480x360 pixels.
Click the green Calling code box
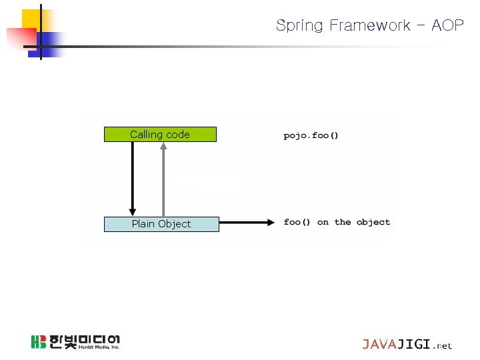(160, 135)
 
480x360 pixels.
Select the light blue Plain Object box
(161, 224)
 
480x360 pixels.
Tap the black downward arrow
(133, 177)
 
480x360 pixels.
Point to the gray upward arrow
(163, 179)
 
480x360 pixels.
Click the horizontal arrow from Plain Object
(247, 222)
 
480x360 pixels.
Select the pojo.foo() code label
(311, 136)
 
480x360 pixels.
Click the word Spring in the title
(299, 26)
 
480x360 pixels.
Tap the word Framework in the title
(370, 26)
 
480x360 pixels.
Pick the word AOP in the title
(447, 26)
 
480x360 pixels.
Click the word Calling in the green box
(145, 135)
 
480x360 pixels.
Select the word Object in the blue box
(174, 224)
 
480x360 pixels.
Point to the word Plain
(143, 224)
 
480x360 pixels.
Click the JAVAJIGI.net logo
(407, 344)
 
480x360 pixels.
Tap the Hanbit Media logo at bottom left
(75, 342)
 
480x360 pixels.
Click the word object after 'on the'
(373, 222)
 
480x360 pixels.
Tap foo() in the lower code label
(297, 222)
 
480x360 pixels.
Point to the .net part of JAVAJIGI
(442, 345)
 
